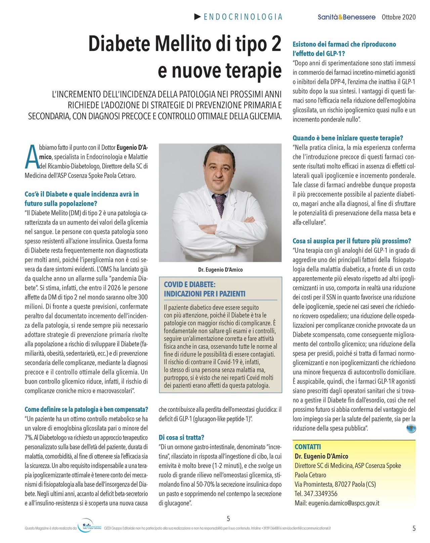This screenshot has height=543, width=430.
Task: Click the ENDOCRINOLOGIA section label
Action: click(x=243, y=17)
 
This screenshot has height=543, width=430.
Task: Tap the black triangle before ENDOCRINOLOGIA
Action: click(x=198, y=16)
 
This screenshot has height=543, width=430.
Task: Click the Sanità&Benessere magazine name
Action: click(x=346, y=17)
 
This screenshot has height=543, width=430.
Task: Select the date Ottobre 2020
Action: click(x=398, y=17)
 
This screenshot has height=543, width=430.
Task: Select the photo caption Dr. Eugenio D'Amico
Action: click(x=220, y=269)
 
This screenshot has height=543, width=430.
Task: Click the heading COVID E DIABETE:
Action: click(x=189, y=285)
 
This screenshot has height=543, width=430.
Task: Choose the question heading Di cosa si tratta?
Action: click(x=181, y=437)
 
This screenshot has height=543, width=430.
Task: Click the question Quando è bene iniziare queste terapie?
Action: click(x=348, y=138)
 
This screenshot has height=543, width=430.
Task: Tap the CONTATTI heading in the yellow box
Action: click(x=308, y=447)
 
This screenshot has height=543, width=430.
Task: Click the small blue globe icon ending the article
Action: click(x=411, y=428)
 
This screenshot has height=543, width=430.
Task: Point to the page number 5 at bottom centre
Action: click(x=228, y=518)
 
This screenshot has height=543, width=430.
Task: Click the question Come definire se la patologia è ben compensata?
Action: click(x=86, y=409)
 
